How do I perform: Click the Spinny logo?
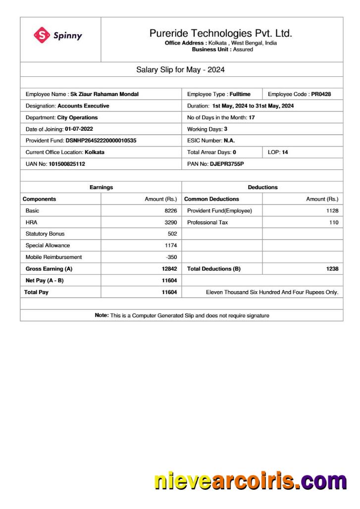point(57,35)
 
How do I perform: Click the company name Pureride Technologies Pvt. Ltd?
point(220,33)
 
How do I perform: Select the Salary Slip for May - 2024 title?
point(180,70)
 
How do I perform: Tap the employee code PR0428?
point(321,94)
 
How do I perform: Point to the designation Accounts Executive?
point(83,106)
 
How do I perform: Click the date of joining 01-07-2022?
point(79,129)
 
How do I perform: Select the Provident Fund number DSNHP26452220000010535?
point(101,141)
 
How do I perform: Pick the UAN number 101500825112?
point(67,164)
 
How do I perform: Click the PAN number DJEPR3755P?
point(227,164)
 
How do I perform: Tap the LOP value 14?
point(285,153)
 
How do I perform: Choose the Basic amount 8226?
point(170,211)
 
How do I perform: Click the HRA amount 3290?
point(170,223)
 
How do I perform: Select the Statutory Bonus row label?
point(45,234)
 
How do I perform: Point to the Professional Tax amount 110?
point(333,223)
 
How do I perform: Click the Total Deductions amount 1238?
point(332,269)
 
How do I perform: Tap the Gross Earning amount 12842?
point(169,269)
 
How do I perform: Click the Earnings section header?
point(101,188)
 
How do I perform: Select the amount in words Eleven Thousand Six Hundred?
point(272,293)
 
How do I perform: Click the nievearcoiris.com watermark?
point(250,481)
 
